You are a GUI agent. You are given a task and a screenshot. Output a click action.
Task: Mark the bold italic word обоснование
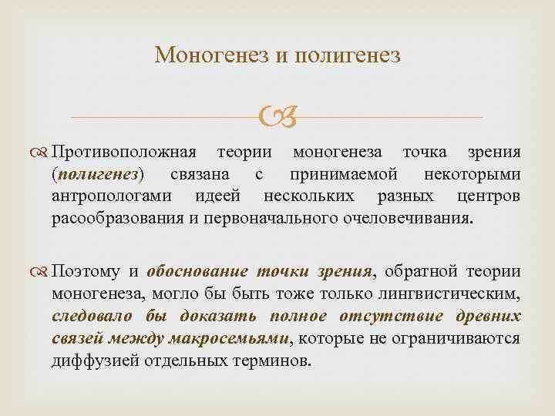pos(197,271)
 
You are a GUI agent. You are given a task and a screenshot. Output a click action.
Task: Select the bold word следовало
pos(90,316)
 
